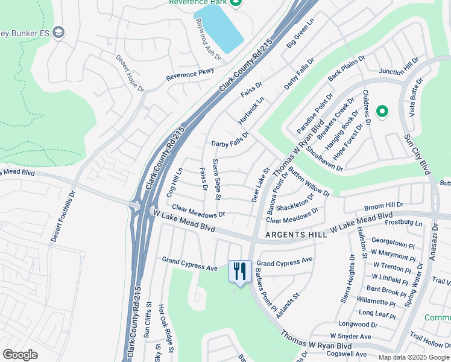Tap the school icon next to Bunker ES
pos(58,32)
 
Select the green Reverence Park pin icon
pos(236,3)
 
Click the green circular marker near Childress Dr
pos(382,111)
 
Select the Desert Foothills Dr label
pos(63,217)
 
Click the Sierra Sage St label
pos(217,179)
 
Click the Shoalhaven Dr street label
pos(324,159)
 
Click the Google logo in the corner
pos(20,355)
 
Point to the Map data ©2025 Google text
pos(413,357)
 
